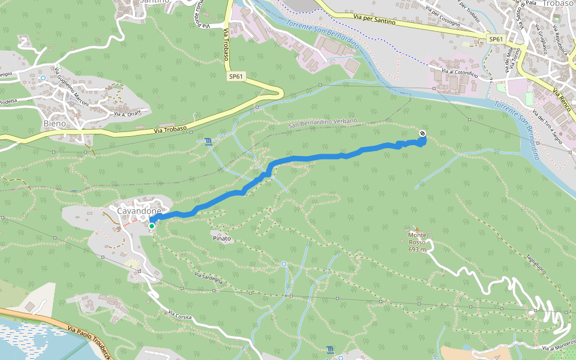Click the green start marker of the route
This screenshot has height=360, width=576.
click(x=152, y=226)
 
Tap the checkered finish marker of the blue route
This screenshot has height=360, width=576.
click(x=423, y=133)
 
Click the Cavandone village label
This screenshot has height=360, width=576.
click(x=139, y=211)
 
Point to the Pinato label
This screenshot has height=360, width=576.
click(x=221, y=238)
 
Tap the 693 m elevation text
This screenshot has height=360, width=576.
click(x=417, y=249)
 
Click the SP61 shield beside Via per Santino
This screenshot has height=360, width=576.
click(x=495, y=39)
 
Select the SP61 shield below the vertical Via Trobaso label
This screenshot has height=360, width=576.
click(x=236, y=76)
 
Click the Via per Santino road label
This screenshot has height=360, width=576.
click(x=374, y=21)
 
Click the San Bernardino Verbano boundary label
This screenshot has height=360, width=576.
click(x=322, y=124)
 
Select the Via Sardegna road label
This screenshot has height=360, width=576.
click(x=208, y=278)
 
